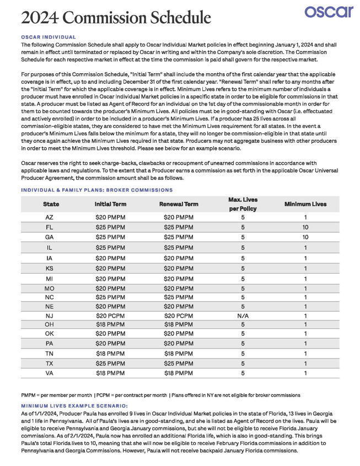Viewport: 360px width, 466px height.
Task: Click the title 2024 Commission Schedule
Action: click(x=116, y=18)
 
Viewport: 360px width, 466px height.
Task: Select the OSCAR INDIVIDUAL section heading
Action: click(x=49, y=37)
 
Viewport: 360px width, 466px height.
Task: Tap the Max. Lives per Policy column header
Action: click(x=243, y=204)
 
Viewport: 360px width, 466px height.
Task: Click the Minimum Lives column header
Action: click(x=305, y=204)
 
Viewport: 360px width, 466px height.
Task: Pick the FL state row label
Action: click(x=50, y=227)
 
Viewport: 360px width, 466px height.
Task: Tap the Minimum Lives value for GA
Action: click(x=305, y=237)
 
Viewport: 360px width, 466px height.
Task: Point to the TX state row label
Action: click(x=50, y=363)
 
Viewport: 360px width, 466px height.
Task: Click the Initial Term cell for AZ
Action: click(x=110, y=217)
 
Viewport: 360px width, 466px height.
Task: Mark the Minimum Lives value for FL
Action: click(x=305, y=227)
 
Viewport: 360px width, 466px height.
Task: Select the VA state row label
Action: click(x=50, y=373)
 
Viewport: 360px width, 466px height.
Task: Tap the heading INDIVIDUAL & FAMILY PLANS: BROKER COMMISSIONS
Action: click(x=96, y=190)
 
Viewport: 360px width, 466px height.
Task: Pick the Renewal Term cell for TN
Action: click(x=179, y=353)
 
